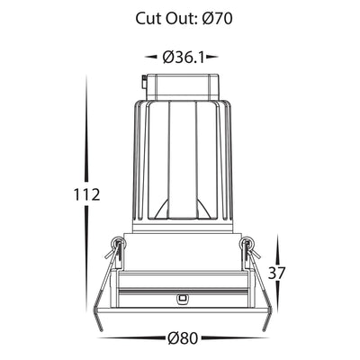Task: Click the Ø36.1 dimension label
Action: point(184,57)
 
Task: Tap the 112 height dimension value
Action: point(86,195)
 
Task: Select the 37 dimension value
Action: point(276,273)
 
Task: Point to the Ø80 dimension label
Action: point(183,338)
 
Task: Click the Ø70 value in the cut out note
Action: point(218,19)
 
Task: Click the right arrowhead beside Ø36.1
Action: point(212,57)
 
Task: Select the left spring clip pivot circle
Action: point(117,243)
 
